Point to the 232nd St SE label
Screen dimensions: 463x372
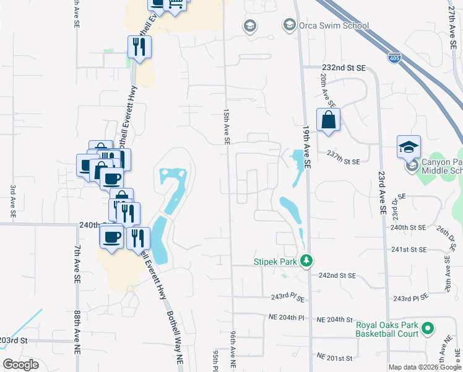[344, 68]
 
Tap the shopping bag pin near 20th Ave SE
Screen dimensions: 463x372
[328, 120]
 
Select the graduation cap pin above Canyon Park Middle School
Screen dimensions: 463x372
[409, 147]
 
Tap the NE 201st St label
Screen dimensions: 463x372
[334, 358]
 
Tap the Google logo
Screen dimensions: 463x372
[20, 365]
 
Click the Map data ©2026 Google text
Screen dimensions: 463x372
[425, 367]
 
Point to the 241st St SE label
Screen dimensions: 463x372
[410, 249]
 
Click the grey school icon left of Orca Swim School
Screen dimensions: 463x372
[250, 25]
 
